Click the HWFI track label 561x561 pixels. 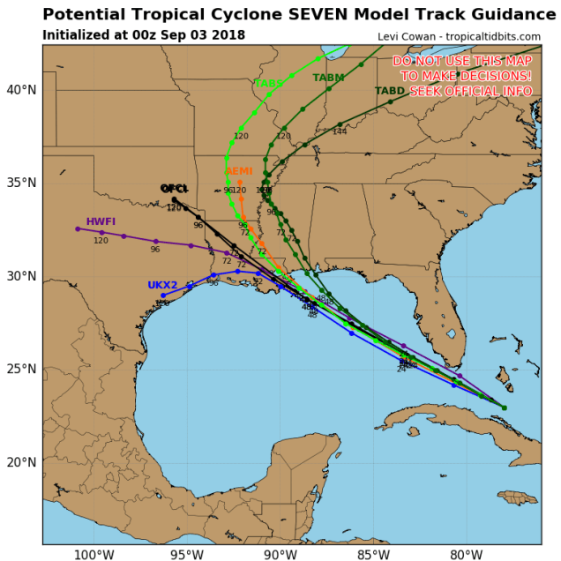(101, 221)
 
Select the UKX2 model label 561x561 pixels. (162, 285)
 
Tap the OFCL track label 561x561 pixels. (175, 189)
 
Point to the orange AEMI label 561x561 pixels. (239, 171)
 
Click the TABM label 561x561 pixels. (328, 78)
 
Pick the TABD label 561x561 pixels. (390, 91)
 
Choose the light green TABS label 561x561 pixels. (268, 84)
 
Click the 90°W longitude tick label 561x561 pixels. (279, 555)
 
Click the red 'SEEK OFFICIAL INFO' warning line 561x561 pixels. (470, 91)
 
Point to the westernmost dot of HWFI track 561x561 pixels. (78, 228)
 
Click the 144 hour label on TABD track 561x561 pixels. (340, 132)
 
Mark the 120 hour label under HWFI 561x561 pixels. (101, 241)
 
